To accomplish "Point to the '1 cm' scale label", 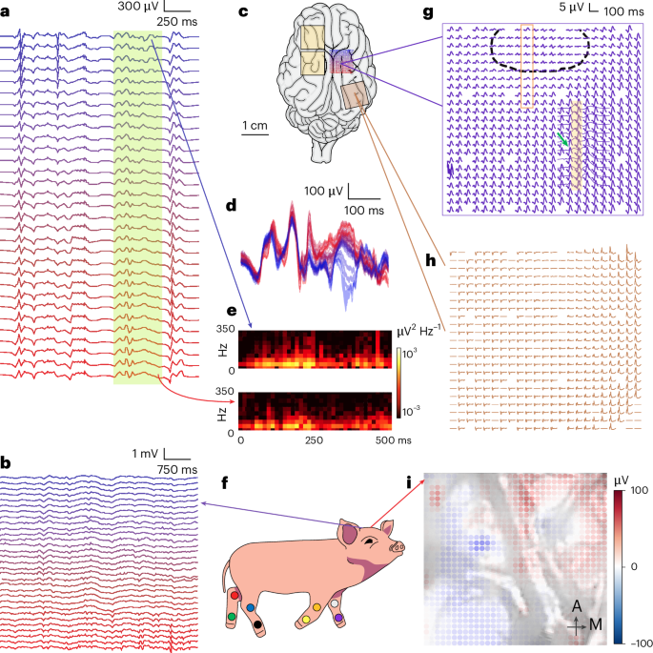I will [x=254, y=125].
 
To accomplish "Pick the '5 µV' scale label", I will [x=570, y=8].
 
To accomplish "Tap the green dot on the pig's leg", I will [x=233, y=619].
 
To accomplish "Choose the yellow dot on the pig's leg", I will [x=304, y=619].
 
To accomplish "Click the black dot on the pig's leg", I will [x=258, y=625].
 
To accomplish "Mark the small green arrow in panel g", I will [x=562, y=140].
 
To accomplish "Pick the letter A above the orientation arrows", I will [x=577, y=606].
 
